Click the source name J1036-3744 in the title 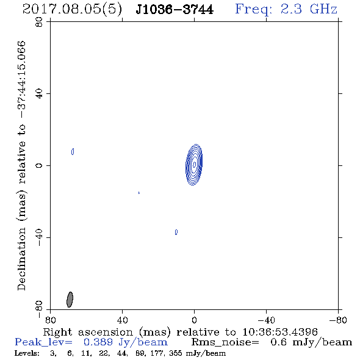(175, 9)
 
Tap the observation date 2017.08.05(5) (73, 9)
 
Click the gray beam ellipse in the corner (70, 300)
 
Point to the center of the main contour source (194, 164)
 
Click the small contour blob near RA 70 (73, 151)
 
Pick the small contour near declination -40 (176, 232)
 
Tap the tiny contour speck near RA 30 (139, 193)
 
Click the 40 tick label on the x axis (122, 320)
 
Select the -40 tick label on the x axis (266, 320)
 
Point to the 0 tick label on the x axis (194, 320)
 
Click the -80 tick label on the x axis (338, 320)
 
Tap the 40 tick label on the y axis (39, 94)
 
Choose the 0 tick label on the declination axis (39, 165)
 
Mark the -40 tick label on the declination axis (39, 237)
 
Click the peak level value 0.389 (98, 342)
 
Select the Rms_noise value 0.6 (278, 342)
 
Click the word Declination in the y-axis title (21, 259)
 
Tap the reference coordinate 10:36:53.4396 (280, 332)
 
